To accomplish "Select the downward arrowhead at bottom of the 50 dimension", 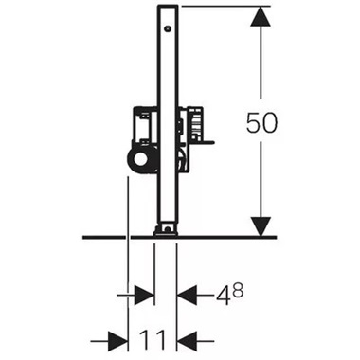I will point(261,225).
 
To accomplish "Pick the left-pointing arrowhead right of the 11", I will point(189,336).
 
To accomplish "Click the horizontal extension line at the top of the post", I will point(218,6).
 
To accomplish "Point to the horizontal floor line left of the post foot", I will point(114,236).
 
